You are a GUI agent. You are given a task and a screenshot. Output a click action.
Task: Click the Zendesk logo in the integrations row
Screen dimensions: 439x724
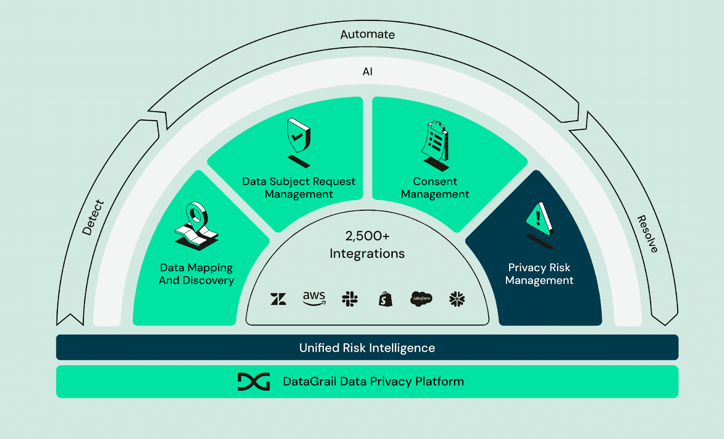tap(278, 299)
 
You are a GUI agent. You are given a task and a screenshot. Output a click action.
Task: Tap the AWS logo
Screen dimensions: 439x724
tap(314, 298)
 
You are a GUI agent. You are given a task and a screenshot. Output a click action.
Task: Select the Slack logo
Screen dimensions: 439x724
tap(350, 299)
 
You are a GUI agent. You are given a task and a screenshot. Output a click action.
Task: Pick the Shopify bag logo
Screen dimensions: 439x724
tap(386, 299)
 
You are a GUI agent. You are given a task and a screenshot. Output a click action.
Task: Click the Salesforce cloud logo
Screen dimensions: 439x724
tap(421, 299)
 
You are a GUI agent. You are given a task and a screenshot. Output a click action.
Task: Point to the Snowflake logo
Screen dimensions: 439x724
tap(457, 299)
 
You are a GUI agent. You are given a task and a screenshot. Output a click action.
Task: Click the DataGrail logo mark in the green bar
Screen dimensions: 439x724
tap(254, 382)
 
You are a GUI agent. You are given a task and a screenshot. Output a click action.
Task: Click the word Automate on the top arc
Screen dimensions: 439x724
tap(367, 34)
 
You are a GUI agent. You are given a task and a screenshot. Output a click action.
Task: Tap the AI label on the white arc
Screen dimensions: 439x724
tap(367, 71)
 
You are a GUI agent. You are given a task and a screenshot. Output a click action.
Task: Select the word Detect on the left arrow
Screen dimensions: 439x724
tap(93, 217)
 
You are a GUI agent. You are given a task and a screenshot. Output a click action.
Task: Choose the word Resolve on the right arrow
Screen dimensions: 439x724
tap(648, 234)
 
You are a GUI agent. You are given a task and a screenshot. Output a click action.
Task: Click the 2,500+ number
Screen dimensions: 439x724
tap(367, 236)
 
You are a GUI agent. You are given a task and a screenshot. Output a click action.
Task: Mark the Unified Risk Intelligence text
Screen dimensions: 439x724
tap(367, 348)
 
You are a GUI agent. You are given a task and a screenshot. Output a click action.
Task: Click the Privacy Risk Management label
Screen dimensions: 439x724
tap(539, 274)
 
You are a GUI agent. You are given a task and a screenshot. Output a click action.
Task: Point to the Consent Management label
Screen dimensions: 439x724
tap(435, 188)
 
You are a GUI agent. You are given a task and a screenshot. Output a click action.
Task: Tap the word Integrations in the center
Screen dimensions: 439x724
tap(367, 254)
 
